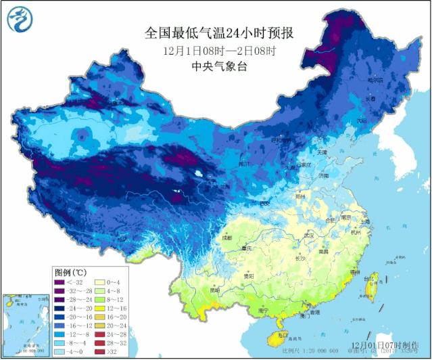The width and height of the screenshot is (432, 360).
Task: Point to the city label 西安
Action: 265,204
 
